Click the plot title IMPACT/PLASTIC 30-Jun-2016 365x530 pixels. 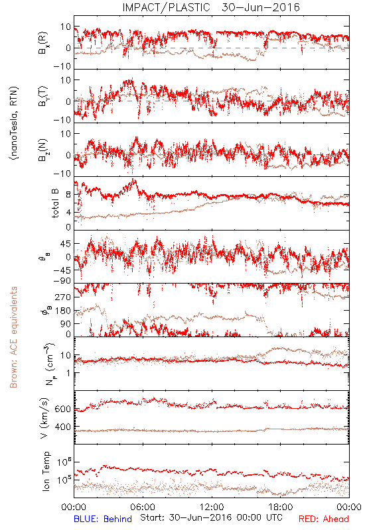tap(211, 7)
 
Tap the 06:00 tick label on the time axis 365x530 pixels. tap(143, 507)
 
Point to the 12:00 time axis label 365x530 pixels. tap(212, 507)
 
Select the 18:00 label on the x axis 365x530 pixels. tap(281, 507)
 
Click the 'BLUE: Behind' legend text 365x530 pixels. tap(103, 519)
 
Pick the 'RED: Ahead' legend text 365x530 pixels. tap(323, 519)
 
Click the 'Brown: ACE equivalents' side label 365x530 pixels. tap(13, 337)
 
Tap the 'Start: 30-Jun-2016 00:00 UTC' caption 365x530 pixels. tap(211, 517)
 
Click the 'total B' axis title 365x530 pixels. tap(55, 203)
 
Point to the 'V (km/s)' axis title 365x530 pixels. tap(44, 418)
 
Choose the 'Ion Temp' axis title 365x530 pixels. tap(46, 471)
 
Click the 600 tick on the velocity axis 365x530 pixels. tap(62, 409)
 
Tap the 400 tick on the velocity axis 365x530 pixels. tap(62, 427)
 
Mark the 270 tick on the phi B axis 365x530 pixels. tap(62, 297)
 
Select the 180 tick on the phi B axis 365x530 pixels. tap(62, 311)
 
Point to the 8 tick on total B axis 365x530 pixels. tap(68, 195)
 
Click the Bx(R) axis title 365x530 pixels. tap(43, 43)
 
